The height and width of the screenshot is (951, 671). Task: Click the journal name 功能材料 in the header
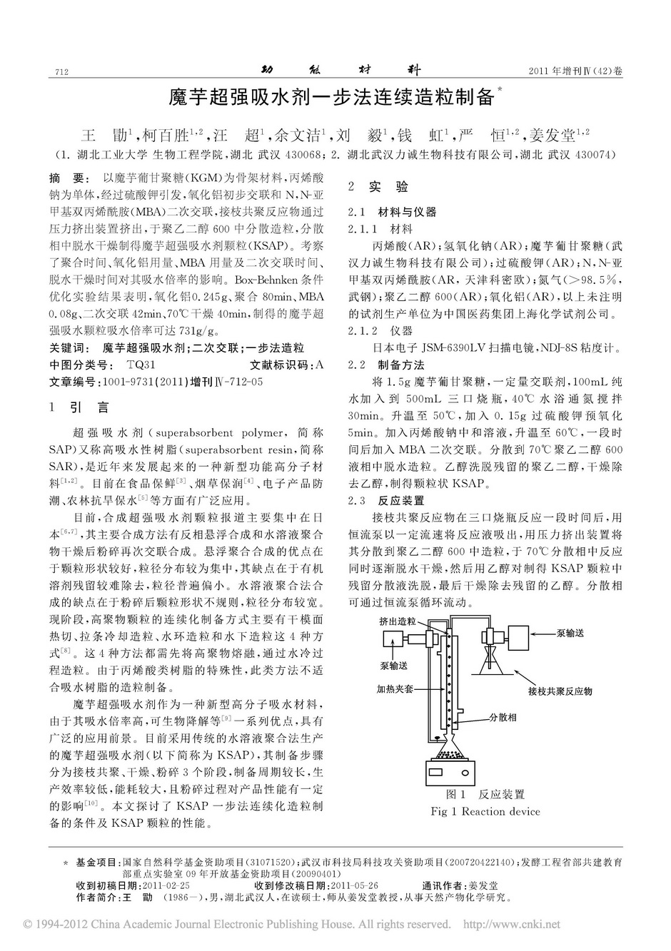point(336,70)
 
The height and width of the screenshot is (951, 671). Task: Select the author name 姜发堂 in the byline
point(553,134)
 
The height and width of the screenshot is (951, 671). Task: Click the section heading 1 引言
point(79,407)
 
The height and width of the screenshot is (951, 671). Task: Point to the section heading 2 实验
point(378,187)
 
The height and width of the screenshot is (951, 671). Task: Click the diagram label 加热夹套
point(395,690)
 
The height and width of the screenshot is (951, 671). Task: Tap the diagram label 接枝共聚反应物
point(560,691)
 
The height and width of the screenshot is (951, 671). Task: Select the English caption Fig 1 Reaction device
point(485,811)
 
